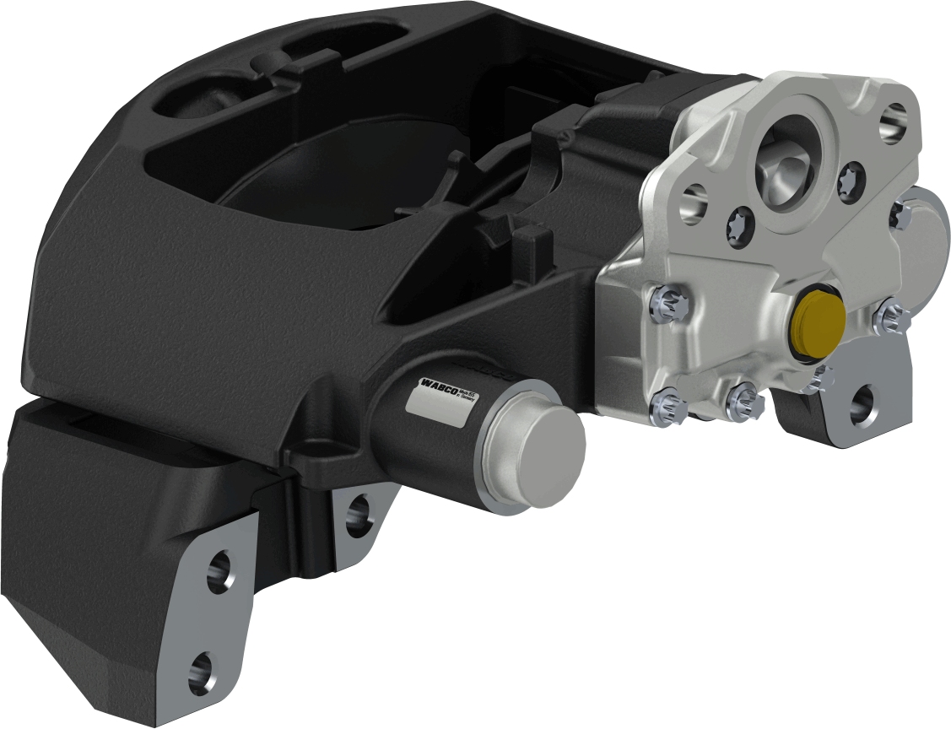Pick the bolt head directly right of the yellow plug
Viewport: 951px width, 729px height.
point(891,318)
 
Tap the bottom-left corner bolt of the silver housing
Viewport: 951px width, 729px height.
point(664,410)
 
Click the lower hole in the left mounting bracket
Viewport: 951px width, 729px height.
point(203,672)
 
